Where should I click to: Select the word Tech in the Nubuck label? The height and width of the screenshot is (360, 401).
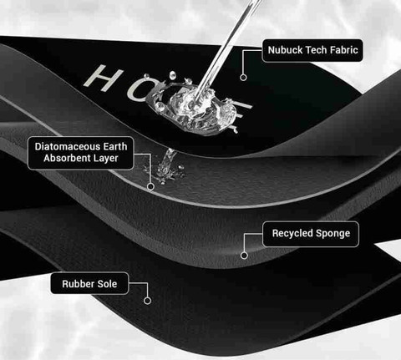[x=312, y=50]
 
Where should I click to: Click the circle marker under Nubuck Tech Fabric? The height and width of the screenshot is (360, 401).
[x=243, y=78]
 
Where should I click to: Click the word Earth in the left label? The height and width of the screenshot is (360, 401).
[x=114, y=147]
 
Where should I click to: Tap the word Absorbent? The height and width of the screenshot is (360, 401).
[x=67, y=158]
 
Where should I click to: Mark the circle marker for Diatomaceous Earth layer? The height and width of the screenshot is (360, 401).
[x=150, y=186]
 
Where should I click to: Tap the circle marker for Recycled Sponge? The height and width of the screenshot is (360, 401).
[x=244, y=256]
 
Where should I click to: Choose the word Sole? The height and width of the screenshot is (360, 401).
[x=106, y=284]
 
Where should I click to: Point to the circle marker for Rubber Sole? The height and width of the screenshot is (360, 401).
[x=148, y=301]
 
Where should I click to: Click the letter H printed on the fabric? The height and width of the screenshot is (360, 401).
[x=104, y=78]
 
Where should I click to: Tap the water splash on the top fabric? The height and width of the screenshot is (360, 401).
[x=198, y=109]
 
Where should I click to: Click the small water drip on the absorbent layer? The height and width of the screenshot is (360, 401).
[x=165, y=166]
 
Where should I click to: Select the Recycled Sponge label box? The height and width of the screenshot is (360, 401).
[x=311, y=234]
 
